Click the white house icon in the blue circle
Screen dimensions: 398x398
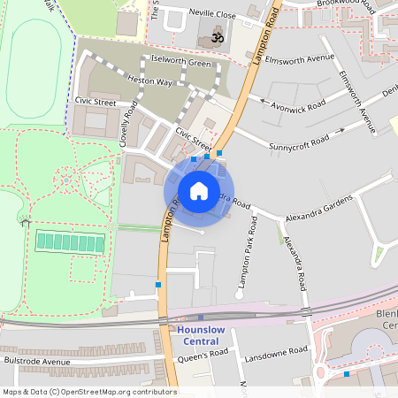[x=199, y=191]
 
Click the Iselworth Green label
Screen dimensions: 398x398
[x=181, y=63]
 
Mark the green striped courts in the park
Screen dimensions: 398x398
[x=71, y=241]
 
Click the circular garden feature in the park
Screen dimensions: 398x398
[x=65, y=182]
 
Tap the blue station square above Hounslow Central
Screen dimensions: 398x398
[x=201, y=317]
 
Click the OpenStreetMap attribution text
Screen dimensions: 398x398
[x=88, y=392]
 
